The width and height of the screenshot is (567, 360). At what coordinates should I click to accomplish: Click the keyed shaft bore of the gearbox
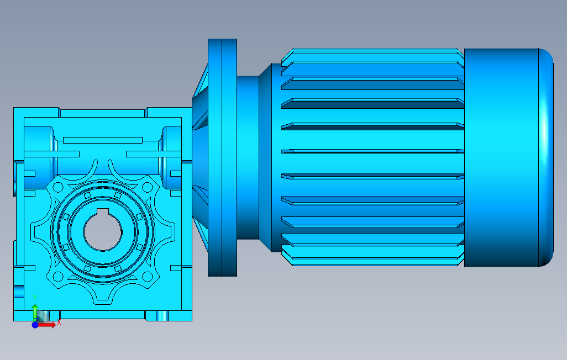(x=103, y=231)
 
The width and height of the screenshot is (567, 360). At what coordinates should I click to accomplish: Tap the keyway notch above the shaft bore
(x=103, y=212)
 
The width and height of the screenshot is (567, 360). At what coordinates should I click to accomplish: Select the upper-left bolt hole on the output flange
(x=58, y=188)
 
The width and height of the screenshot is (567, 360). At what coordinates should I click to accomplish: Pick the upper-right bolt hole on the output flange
(x=147, y=187)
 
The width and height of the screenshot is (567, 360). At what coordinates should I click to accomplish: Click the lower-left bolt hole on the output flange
(x=58, y=277)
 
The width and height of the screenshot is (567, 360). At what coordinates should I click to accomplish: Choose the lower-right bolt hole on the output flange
(x=147, y=277)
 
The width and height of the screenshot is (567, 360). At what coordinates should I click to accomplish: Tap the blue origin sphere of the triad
(x=35, y=325)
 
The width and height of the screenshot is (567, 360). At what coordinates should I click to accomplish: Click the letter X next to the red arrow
(x=59, y=322)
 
